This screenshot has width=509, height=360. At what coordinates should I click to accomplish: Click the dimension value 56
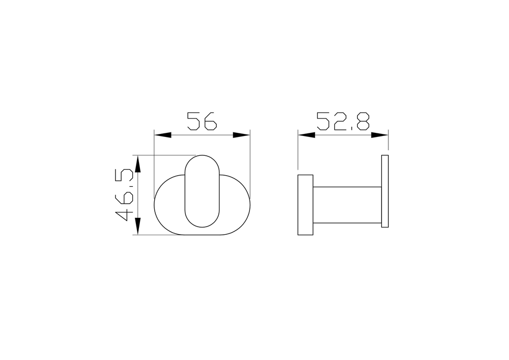202,121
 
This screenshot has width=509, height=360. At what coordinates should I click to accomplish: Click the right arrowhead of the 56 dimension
242,135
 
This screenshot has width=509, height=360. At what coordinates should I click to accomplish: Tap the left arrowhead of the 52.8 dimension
306,135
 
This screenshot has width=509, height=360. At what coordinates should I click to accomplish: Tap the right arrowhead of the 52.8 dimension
380,135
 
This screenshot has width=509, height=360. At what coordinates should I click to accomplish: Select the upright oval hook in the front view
202,191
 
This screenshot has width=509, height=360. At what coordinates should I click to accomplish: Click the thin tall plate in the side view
385,191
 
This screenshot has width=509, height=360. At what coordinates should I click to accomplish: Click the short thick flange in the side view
305,205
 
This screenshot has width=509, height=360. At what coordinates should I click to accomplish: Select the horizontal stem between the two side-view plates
347,205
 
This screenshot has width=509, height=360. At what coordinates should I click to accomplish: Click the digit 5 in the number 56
194,121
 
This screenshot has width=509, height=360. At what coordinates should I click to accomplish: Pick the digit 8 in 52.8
362,121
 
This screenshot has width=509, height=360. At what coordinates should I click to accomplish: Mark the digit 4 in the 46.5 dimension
125,213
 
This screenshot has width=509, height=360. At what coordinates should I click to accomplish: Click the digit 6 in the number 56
210,121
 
